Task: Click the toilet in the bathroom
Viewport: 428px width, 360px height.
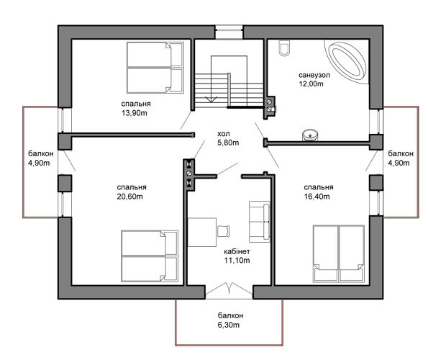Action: point(284,48)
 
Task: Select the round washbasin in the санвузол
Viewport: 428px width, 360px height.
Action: point(310,135)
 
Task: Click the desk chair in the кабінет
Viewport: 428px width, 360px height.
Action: point(223,231)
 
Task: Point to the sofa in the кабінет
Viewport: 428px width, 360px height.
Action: point(259,222)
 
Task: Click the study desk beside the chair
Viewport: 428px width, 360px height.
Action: point(202,232)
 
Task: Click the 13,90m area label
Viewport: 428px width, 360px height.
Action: point(135,113)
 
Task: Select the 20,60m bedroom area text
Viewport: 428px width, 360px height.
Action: point(129,197)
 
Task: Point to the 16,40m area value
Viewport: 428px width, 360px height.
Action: point(317,197)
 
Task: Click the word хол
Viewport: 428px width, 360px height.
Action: point(224,134)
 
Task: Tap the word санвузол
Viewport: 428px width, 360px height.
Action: point(314,75)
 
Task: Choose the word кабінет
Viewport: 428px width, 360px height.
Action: point(237,251)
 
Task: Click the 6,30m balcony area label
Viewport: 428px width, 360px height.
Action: point(229,325)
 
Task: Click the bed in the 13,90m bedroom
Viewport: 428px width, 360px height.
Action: point(155,68)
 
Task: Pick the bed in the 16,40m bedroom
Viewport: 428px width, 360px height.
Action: point(339,253)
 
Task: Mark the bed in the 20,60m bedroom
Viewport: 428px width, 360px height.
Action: point(150,256)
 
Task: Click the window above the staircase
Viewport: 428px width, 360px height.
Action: point(229,32)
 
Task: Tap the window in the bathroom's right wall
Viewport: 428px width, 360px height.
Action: point(376,122)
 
